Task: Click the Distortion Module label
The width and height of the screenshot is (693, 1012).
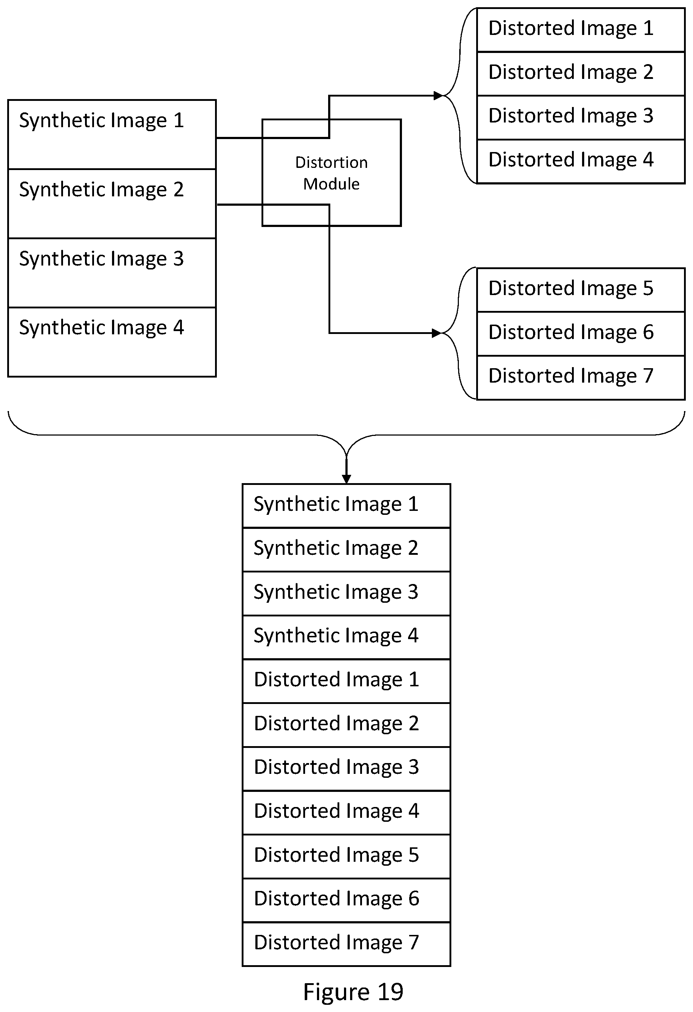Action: (x=331, y=173)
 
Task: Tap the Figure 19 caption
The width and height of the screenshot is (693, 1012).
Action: (x=353, y=992)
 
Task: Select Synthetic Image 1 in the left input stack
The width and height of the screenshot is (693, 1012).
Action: (x=102, y=121)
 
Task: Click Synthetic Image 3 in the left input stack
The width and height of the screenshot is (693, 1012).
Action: (x=102, y=259)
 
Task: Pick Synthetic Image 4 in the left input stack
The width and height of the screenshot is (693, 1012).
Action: (x=102, y=328)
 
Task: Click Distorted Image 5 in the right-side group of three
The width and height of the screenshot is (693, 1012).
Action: (x=571, y=289)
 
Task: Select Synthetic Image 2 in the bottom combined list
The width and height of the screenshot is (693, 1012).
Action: (x=336, y=549)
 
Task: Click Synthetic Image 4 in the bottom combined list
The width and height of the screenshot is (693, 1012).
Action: (x=336, y=636)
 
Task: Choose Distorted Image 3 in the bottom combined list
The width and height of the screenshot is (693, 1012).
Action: (x=336, y=768)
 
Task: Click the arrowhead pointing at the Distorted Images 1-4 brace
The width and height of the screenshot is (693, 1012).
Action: (x=438, y=96)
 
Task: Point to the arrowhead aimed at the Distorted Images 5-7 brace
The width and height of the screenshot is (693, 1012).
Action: (x=437, y=334)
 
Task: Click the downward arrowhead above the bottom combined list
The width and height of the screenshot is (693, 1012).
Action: (x=346, y=479)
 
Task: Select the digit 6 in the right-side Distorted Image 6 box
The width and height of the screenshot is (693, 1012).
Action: (x=648, y=332)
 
